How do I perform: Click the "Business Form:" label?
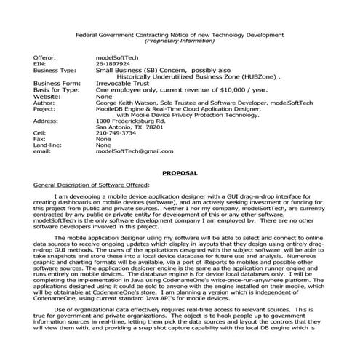(55, 83)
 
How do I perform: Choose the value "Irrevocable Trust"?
(124, 83)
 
